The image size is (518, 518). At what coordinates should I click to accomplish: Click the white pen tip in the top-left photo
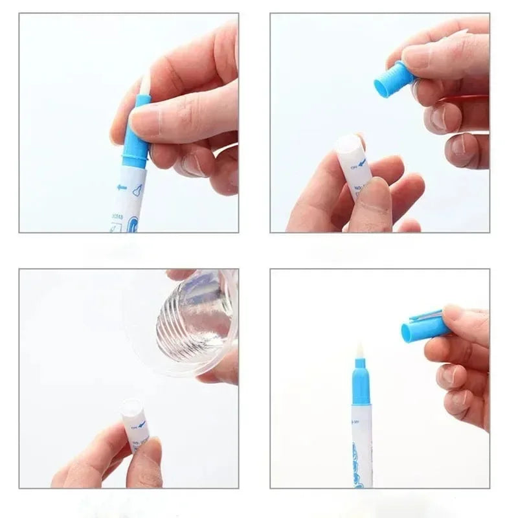tap(145, 82)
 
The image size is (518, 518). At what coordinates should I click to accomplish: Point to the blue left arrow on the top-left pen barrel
tap(122, 187)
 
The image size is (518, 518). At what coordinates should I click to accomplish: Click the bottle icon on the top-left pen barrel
tap(137, 190)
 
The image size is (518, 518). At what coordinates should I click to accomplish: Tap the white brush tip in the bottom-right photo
tap(360, 354)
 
